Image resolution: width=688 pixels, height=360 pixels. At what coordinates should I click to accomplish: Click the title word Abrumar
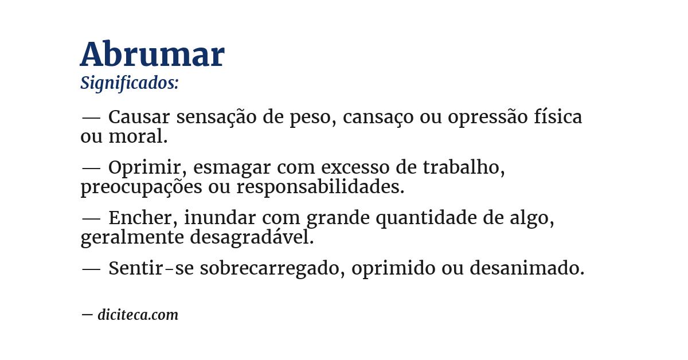152,55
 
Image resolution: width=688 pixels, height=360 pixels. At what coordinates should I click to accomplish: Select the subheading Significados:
130,83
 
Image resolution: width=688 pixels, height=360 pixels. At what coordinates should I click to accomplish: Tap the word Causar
139,117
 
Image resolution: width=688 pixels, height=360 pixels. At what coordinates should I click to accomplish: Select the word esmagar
232,167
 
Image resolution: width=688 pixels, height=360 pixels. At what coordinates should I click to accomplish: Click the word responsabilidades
320,187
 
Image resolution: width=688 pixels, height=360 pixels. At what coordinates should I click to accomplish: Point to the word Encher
142,218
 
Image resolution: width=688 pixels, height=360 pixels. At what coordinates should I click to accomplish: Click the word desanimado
527,268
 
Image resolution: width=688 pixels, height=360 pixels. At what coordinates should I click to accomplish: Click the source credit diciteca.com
138,315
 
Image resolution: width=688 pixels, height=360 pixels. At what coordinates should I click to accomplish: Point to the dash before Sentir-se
91,268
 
